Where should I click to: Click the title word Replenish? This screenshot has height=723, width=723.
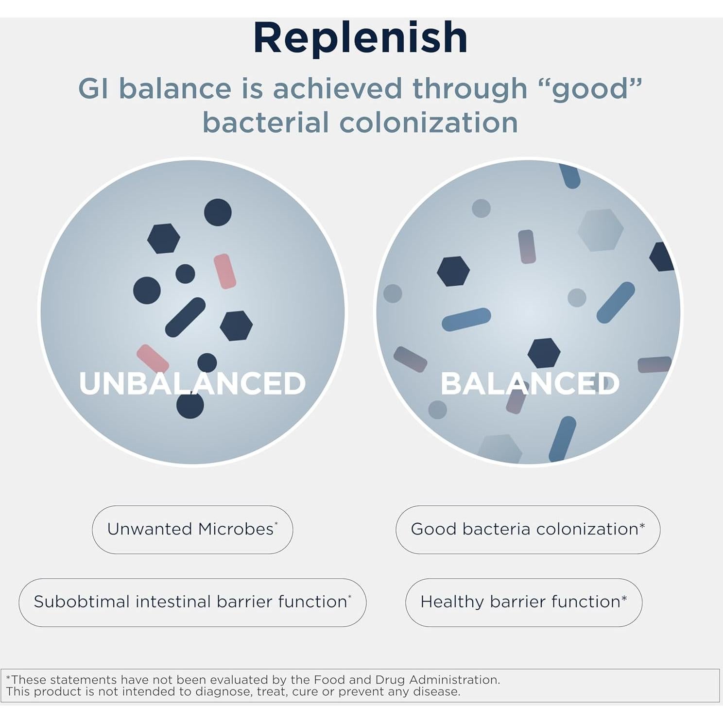pos(361,38)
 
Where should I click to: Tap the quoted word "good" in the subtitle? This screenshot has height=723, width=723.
pos(590,89)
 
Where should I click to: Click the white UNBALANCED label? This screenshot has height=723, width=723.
pos(192,383)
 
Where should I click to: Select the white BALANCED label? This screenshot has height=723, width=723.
pos(530,383)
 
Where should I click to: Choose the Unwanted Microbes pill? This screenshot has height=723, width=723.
pos(192,530)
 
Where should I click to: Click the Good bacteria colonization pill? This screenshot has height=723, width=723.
pos(528,530)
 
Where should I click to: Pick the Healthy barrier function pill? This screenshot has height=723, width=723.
pos(524,602)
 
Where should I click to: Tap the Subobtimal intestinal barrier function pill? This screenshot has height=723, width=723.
pos(192,602)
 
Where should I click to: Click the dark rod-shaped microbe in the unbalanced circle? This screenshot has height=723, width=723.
pos(185,317)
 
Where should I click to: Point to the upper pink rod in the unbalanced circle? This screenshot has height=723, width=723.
pos(225,271)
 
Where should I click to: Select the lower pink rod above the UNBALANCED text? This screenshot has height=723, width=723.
pos(153,359)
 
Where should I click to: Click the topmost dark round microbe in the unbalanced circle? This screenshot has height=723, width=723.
pos(218,212)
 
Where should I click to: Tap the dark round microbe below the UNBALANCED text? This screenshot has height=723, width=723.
pos(190,405)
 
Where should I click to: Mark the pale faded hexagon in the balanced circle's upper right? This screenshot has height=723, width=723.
pos(601,230)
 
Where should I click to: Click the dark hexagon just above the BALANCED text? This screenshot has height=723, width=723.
pos(544,353)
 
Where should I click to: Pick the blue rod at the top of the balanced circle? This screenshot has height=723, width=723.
pos(569,175)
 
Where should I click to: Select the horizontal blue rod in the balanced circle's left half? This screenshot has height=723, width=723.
pos(466,319)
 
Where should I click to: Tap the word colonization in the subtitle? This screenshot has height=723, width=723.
pos(429,122)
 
